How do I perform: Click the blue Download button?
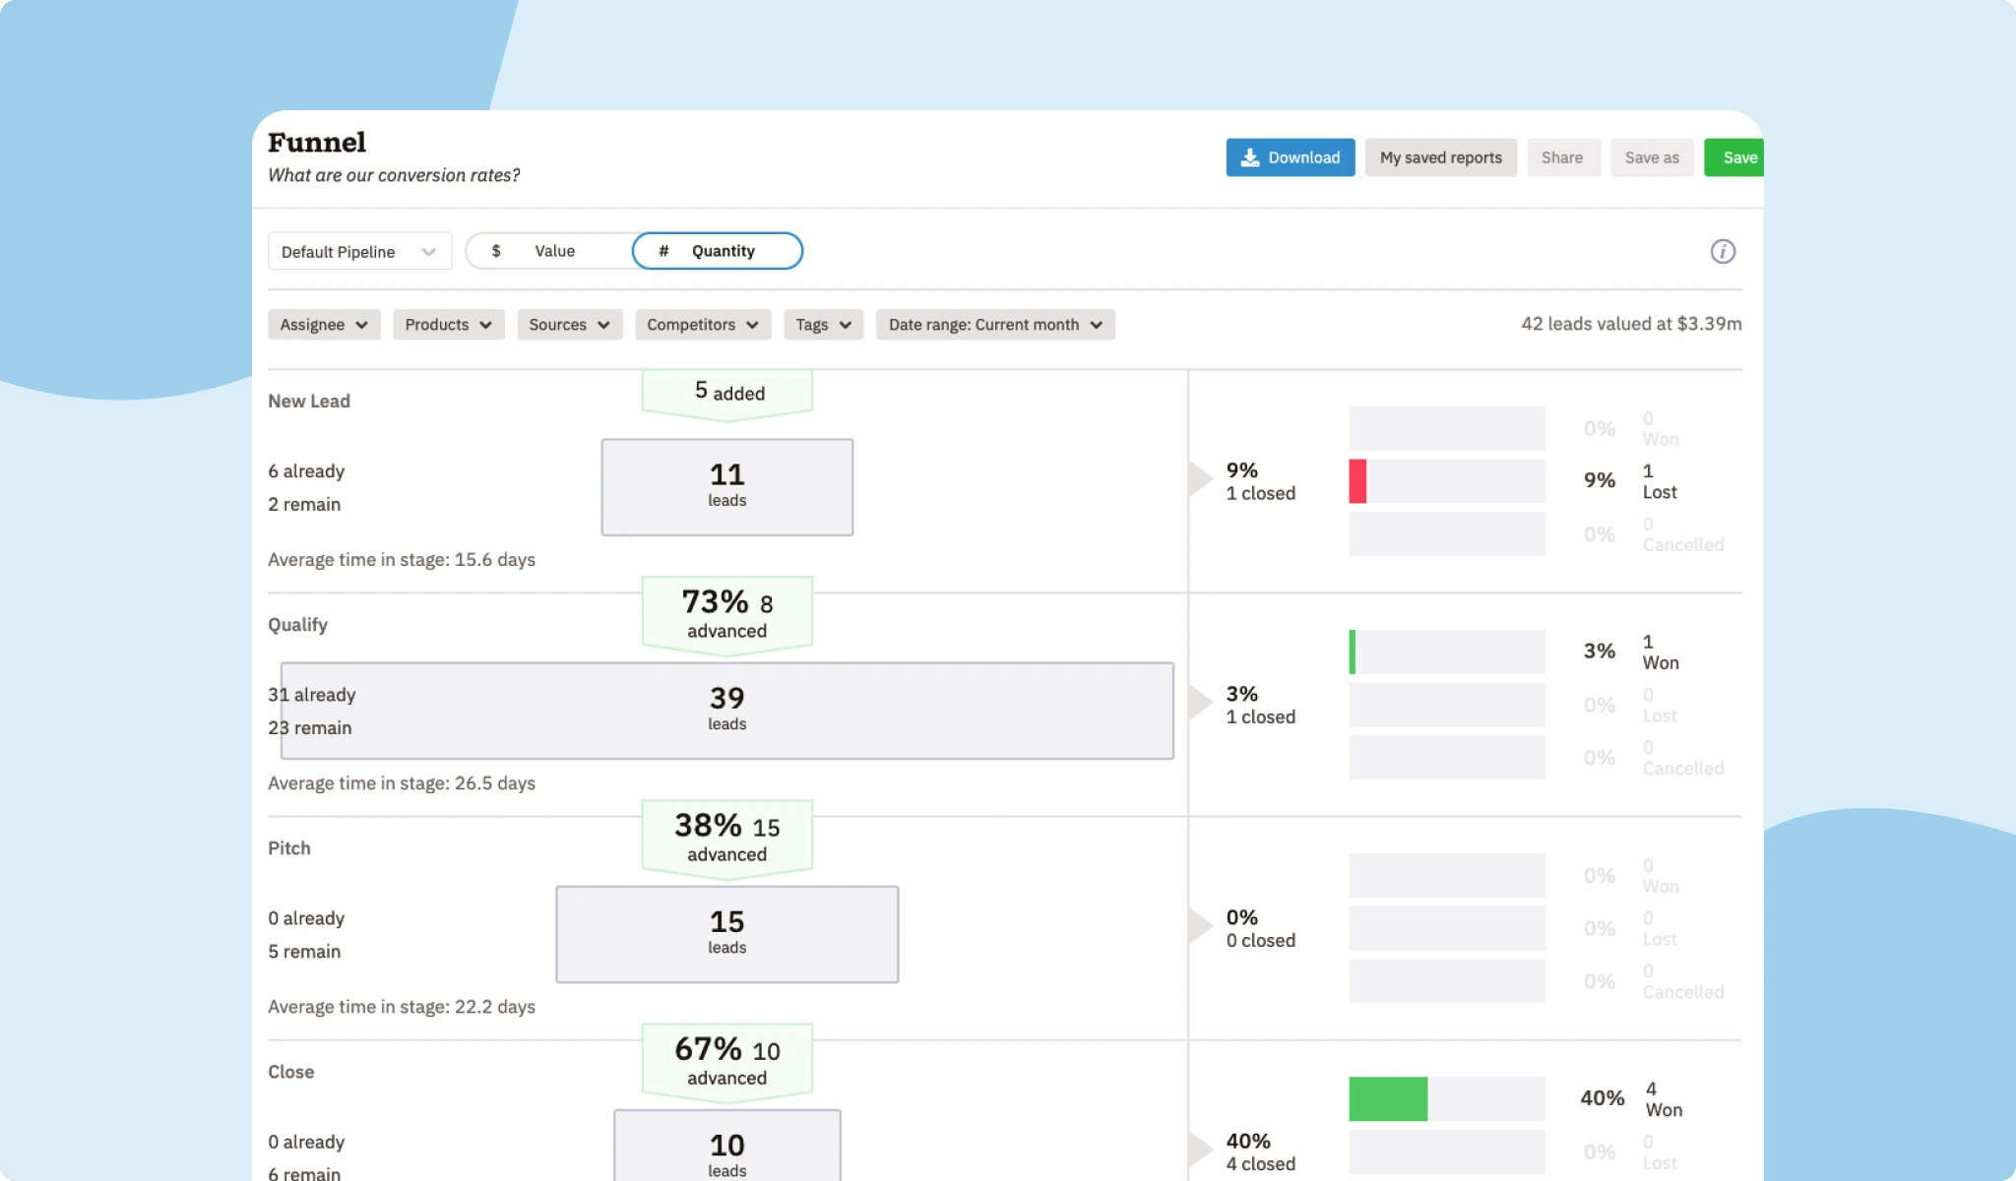(1290, 157)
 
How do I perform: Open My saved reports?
(1440, 157)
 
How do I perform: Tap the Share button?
(1562, 157)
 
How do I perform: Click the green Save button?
(1736, 157)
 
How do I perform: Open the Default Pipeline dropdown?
(359, 251)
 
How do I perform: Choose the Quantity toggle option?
(718, 251)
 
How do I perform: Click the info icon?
(1723, 251)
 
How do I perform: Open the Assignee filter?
(324, 325)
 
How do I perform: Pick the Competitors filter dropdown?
(702, 325)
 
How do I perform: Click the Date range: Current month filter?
(995, 325)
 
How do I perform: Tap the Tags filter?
(823, 325)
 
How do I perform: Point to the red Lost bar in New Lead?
(1357, 481)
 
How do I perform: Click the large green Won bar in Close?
(1388, 1098)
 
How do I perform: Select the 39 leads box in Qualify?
(727, 710)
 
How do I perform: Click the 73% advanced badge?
(727, 613)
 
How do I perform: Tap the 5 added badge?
(727, 393)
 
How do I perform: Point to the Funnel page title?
(317, 143)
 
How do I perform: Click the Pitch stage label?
(289, 848)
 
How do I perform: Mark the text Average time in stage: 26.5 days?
(402, 783)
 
